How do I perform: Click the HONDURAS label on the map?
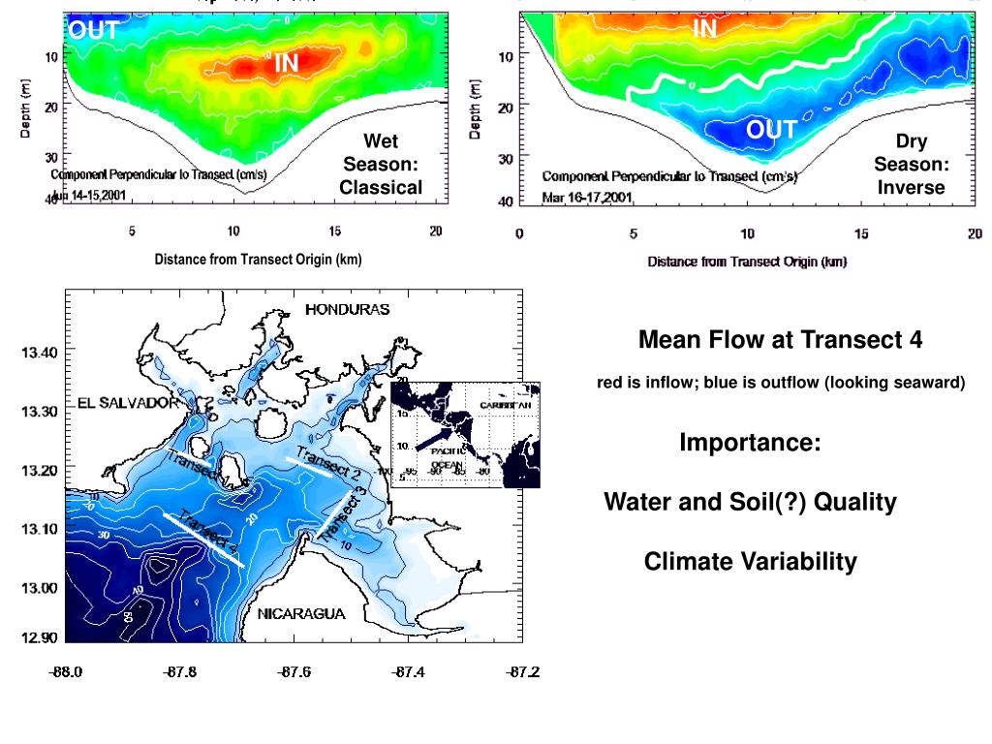click(347, 310)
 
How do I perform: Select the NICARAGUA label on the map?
click(301, 613)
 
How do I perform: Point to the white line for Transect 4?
click(203, 540)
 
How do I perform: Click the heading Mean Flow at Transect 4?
click(780, 340)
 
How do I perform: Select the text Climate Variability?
click(750, 562)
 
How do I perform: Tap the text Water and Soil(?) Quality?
click(750, 503)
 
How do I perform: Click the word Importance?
click(750, 443)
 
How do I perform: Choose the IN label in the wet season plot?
click(286, 64)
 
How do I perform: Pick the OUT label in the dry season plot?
click(771, 130)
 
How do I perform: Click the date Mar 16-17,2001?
click(587, 198)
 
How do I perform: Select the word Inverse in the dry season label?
click(911, 188)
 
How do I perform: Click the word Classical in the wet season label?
click(381, 188)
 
